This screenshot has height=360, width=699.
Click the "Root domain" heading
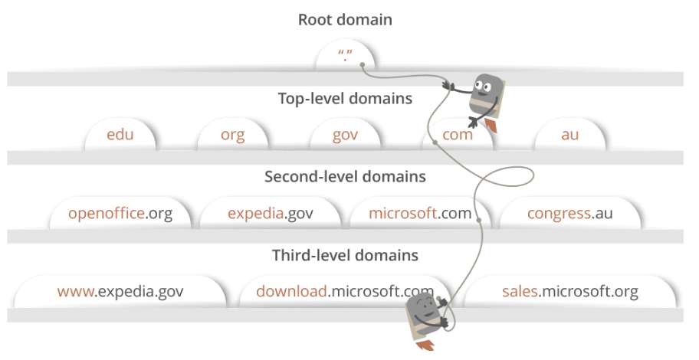click(x=345, y=20)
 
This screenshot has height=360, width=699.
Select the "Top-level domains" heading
click(x=345, y=99)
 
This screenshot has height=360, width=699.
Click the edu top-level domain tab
click(x=120, y=136)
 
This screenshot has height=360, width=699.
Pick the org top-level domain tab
click(x=232, y=136)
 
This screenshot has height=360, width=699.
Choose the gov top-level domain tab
click(x=345, y=136)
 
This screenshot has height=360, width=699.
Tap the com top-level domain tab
click(x=457, y=136)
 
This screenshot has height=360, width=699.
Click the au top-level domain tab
click(x=569, y=136)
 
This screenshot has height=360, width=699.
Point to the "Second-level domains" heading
click(x=345, y=177)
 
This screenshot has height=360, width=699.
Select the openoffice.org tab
click(x=120, y=214)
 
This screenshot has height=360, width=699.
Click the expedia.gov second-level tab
click(x=271, y=214)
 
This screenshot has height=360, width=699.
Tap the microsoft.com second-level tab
click(x=419, y=214)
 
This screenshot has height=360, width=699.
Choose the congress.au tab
click(x=570, y=214)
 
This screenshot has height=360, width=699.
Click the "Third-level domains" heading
click(x=345, y=255)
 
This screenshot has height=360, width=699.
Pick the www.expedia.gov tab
click(x=120, y=292)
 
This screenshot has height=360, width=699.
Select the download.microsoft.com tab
click(x=344, y=292)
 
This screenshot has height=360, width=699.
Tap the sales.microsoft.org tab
click(x=570, y=292)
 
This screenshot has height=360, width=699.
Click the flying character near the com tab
click(x=483, y=96)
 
